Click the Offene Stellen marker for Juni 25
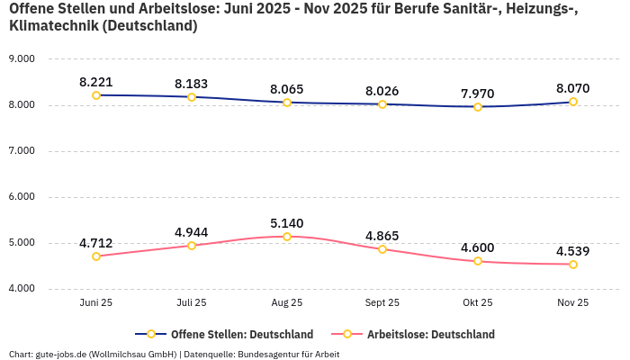tap(96, 95)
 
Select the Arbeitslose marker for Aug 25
tap(287, 237)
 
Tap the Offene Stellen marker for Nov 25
tap(573, 102)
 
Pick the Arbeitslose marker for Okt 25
tap(478, 261)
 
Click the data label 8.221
tap(96, 81)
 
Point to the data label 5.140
tap(287, 222)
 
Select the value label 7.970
tap(478, 93)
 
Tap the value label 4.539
tap(573, 250)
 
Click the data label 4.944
tap(192, 231)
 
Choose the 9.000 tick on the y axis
tap(21, 59)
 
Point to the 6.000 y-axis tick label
tap(21, 197)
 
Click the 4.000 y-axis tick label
tap(21, 289)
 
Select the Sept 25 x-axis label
tap(382, 303)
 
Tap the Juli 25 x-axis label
tap(192, 303)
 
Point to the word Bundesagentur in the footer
tap(270, 354)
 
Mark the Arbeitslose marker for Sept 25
tap(382, 249)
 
